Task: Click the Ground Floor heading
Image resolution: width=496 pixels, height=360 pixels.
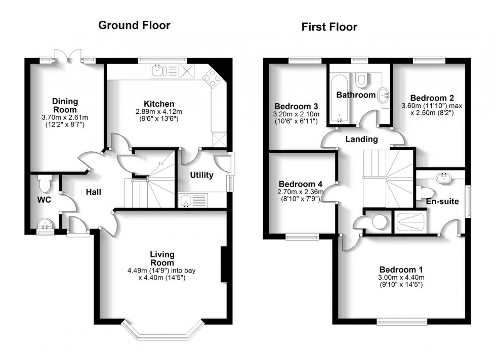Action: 134,25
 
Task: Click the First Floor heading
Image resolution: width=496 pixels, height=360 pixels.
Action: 329,27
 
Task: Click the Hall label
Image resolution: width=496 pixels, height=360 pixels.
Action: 93,192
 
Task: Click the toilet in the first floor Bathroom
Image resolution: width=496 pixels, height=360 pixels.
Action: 361,79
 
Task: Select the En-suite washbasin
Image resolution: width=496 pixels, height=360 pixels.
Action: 445,177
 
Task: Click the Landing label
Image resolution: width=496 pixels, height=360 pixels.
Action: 361,139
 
